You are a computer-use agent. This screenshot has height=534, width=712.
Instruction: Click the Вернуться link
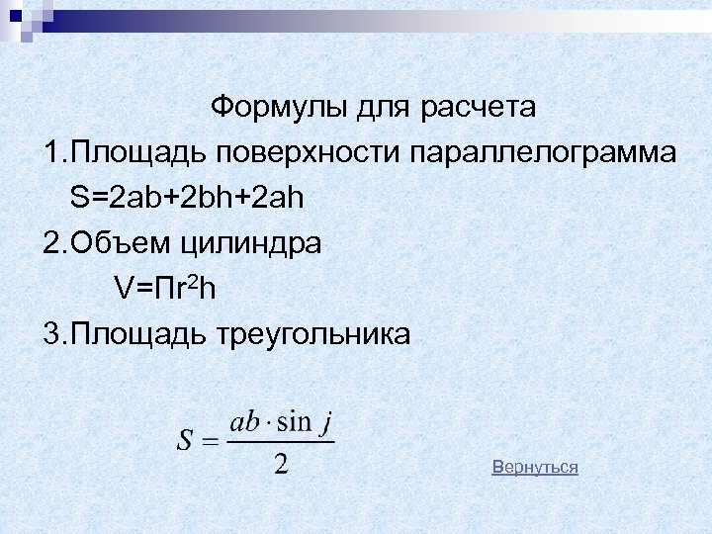pyautogui.click(x=535, y=467)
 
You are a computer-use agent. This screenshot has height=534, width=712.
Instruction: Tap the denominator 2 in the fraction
pyautogui.click(x=281, y=463)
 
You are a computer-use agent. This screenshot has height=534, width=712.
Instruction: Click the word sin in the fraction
pyautogui.click(x=294, y=422)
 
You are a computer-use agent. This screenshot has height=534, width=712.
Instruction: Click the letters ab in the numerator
pyautogui.click(x=243, y=422)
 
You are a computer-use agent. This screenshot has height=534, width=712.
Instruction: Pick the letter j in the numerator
pyautogui.click(x=323, y=424)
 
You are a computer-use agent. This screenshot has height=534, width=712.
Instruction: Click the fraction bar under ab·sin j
pyautogui.click(x=281, y=442)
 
